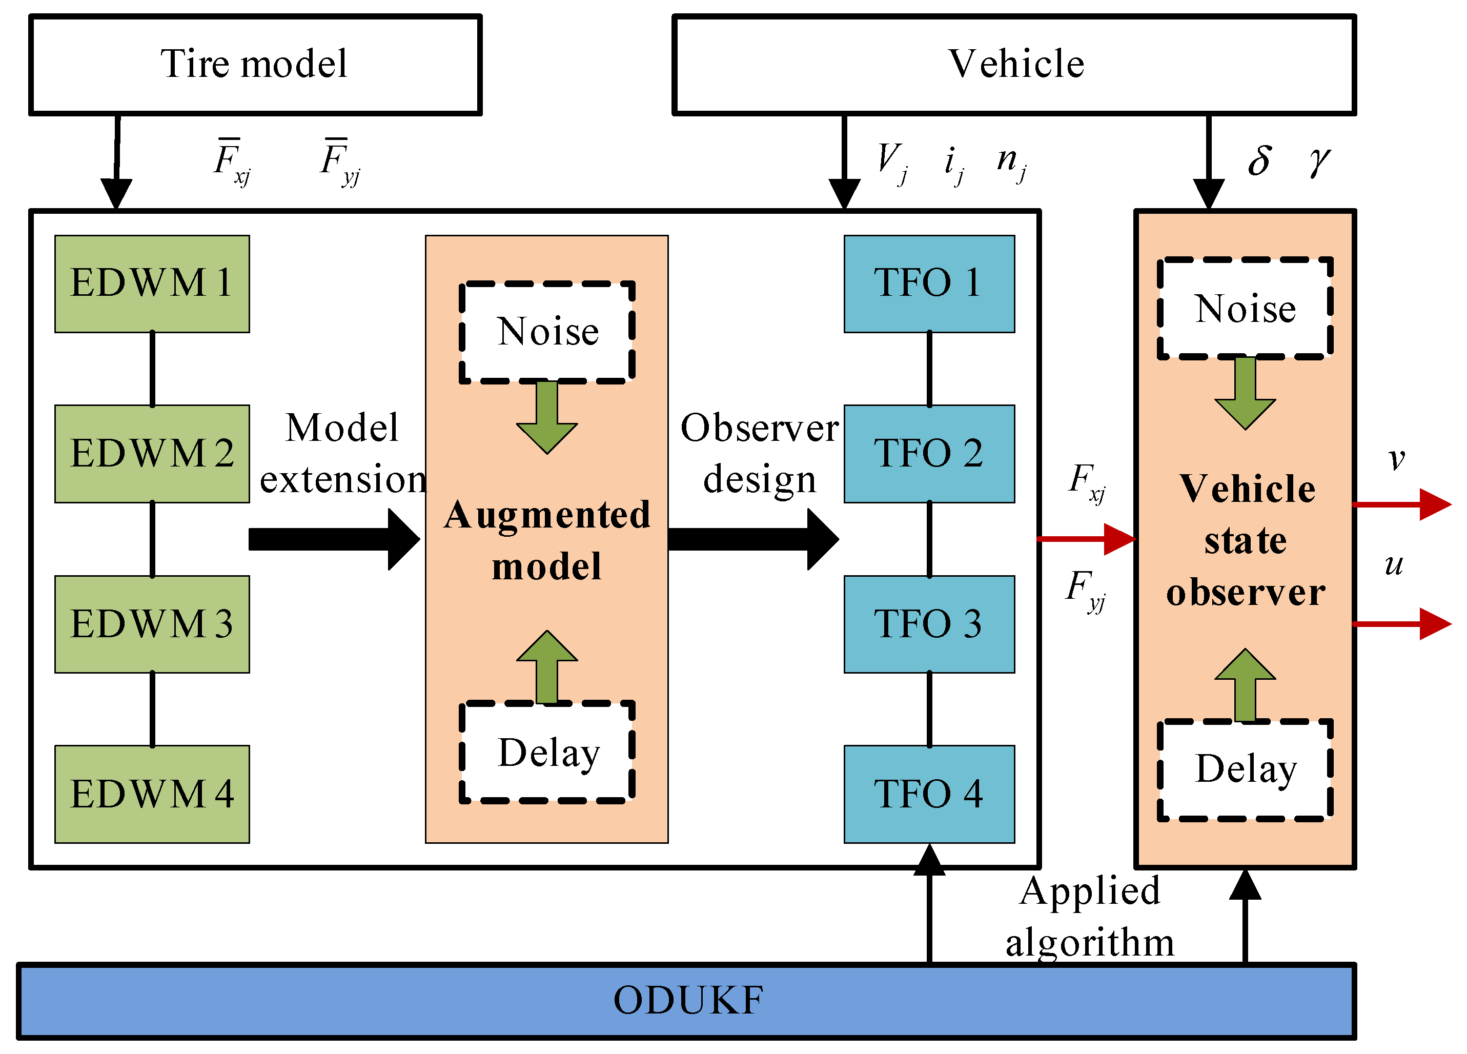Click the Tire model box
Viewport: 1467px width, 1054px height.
255,65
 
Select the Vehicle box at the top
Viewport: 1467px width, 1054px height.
1014,65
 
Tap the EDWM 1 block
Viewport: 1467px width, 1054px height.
152,284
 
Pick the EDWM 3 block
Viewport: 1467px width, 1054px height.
152,624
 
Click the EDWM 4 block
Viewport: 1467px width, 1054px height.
152,795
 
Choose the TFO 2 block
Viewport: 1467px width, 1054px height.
929,454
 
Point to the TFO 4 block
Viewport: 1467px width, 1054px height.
929,795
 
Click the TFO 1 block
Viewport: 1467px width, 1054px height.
929,284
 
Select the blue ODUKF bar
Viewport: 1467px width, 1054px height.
686,1001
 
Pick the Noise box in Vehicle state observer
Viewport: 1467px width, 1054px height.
1245,309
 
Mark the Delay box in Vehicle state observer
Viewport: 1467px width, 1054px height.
1245,770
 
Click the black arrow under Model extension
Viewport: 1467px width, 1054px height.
334,539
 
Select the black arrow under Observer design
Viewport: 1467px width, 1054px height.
753,539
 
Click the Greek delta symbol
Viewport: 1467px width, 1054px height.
1259,160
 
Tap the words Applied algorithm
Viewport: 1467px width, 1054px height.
1090,917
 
